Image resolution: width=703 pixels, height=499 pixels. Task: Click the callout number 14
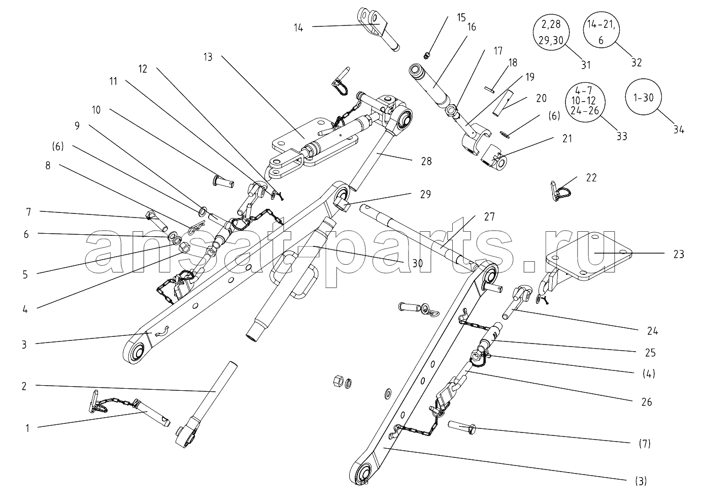(298, 28)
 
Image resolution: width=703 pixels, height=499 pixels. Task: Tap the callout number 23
(679, 254)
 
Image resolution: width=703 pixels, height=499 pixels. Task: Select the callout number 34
(679, 130)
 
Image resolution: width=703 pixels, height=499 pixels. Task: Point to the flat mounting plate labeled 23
(589, 259)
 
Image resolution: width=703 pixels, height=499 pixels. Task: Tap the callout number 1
(27, 428)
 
